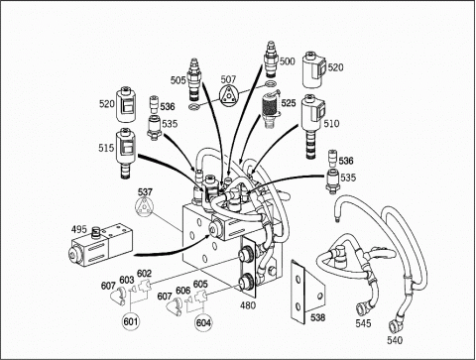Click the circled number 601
tap(132, 321)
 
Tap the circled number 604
tap(203, 322)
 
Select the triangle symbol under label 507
tap(228, 95)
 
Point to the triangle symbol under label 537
tap(145, 207)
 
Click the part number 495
tap(79, 229)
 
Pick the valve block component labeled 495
tap(102, 245)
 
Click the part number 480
tap(248, 305)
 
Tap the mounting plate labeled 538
tap(307, 291)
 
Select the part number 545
tap(363, 323)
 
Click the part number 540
tap(395, 340)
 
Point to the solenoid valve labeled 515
tap(125, 154)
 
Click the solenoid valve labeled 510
tap(313, 126)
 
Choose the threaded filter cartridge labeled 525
tap(271, 109)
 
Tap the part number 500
tap(287, 61)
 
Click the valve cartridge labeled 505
tap(194, 79)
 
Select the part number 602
tap(144, 274)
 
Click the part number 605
tap(200, 284)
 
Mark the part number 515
tap(106, 148)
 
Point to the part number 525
tap(289, 103)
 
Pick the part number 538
tap(317, 317)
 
